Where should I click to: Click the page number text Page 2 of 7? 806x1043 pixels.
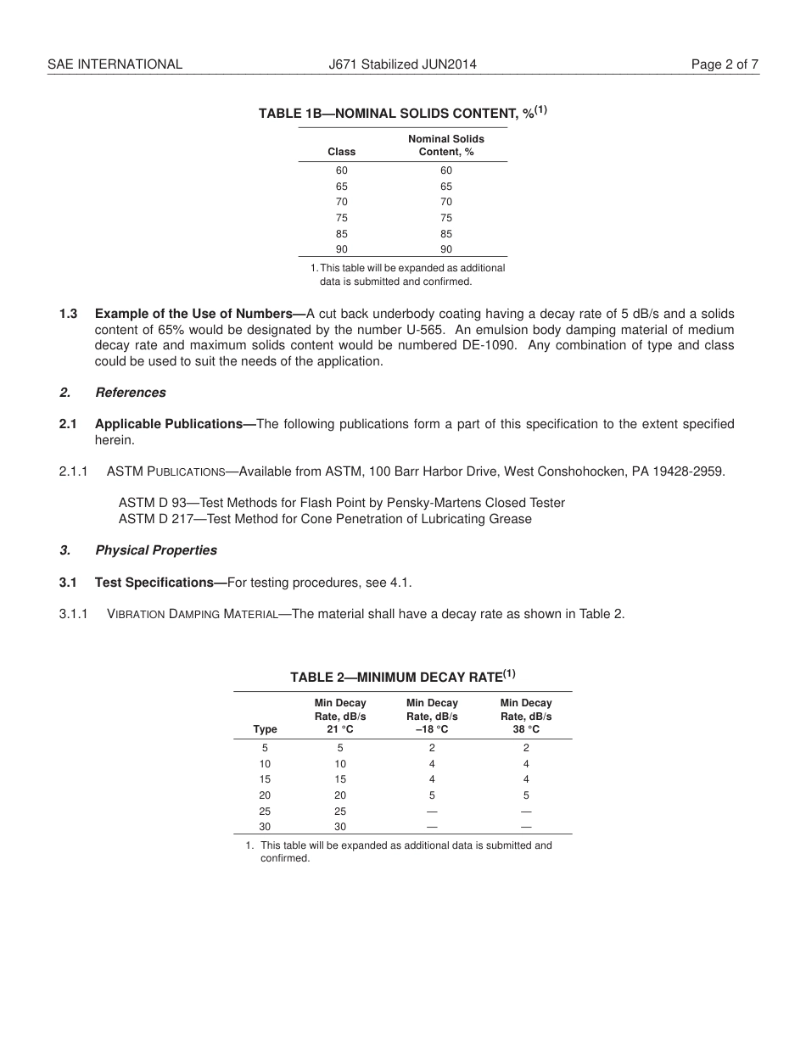click(x=725, y=64)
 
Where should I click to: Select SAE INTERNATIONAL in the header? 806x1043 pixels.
click(x=115, y=64)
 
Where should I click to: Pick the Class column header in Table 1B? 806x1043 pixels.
click(x=341, y=152)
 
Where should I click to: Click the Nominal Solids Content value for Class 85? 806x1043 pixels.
click(x=446, y=233)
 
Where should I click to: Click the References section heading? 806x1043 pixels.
click(x=130, y=393)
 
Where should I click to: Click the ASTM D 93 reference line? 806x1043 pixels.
click(x=341, y=503)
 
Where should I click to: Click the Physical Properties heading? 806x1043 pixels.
click(x=155, y=550)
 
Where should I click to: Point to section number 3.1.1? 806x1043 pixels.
click(x=74, y=614)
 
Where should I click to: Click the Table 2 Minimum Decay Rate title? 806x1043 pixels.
click(x=402, y=677)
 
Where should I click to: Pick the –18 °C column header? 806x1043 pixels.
click(x=432, y=729)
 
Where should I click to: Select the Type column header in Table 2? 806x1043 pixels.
click(x=265, y=729)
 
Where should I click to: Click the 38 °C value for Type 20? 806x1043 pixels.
click(x=526, y=795)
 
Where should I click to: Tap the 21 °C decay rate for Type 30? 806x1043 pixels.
click(x=340, y=827)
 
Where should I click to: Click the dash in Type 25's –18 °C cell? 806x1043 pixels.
click(x=432, y=812)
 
